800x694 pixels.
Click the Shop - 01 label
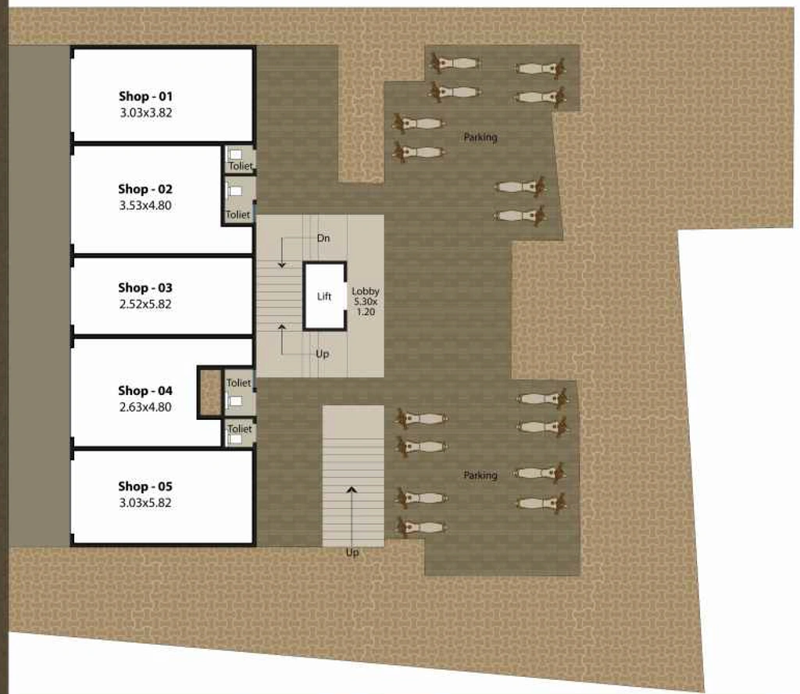[146, 96]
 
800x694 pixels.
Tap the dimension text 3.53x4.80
[145, 205]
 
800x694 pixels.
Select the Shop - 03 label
[145, 287]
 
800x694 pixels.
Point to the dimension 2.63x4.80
[145, 407]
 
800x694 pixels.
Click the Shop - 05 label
[145, 486]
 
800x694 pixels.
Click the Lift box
[325, 297]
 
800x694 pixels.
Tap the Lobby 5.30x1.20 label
[366, 301]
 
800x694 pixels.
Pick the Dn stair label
[323, 238]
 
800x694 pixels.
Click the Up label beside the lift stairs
[323, 354]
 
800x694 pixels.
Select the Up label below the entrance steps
[352, 552]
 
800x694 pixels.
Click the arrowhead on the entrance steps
[352, 490]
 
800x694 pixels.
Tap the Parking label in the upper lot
[480, 137]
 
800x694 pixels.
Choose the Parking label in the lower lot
[480, 475]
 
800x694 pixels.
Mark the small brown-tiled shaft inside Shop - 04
[210, 393]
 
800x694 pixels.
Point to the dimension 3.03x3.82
[146, 112]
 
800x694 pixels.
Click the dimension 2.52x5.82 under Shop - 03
[145, 304]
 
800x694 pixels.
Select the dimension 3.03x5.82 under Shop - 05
[145, 503]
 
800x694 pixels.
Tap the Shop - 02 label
[145, 189]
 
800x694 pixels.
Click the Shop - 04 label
[145, 390]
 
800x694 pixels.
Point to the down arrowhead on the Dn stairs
[281, 265]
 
